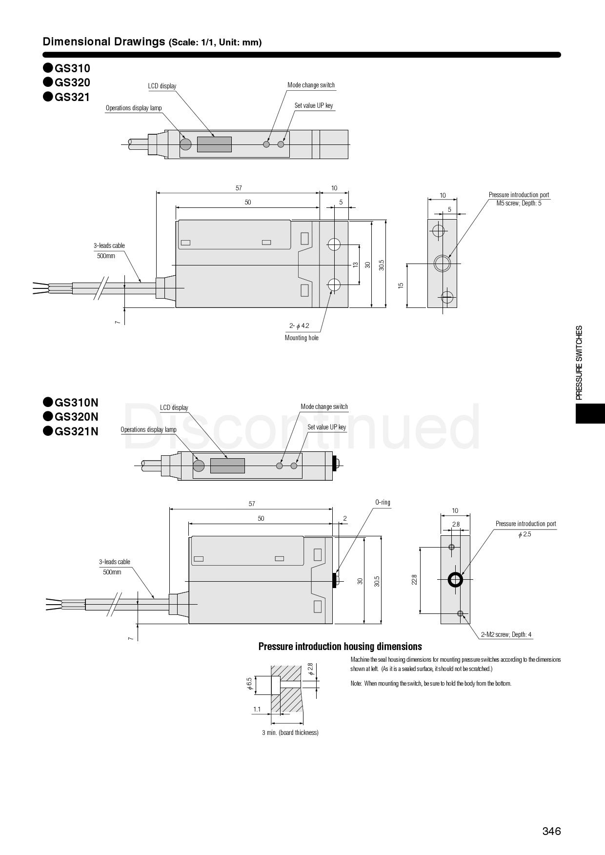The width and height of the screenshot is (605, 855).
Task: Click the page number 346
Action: click(x=551, y=831)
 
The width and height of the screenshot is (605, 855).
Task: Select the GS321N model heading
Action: click(x=76, y=431)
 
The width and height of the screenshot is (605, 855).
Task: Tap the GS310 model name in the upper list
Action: click(x=72, y=68)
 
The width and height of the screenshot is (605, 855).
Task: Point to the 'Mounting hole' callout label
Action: click(x=302, y=338)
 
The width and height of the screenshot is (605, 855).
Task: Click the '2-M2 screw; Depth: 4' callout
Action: click(x=506, y=634)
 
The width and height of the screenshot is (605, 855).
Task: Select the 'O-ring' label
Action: click(x=383, y=502)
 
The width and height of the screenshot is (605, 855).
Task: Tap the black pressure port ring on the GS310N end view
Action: click(x=456, y=580)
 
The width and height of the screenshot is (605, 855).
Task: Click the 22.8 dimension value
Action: click(x=414, y=580)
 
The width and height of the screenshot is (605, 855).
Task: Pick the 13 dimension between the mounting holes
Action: click(x=355, y=265)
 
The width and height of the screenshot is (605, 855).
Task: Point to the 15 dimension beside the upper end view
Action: click(x=401, y=285)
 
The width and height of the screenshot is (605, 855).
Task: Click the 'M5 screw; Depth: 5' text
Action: click(x=519, y=203)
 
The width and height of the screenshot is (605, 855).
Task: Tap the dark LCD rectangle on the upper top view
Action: click(x=214, y=144)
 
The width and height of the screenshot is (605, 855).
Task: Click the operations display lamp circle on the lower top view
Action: click(x=199, y=466)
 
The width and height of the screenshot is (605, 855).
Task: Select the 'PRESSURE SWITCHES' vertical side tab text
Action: click(x=579, y=363)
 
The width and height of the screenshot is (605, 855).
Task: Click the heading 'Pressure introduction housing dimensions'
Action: click(x=340, y=647)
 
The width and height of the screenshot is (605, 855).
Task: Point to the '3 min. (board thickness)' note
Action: click(x=290, y=733)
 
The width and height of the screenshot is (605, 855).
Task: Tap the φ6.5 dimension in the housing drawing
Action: click(x=249, y=684)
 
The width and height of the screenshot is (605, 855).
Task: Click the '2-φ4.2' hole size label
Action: click(x=299, y=326)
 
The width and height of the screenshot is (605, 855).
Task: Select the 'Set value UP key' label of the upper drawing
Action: click(x=314, y=105)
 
